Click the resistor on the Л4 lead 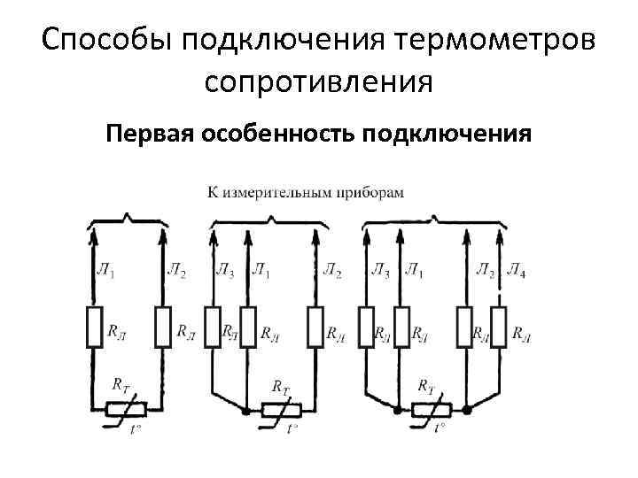point(499,327)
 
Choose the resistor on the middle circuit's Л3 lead point(213,327)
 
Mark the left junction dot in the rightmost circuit point(397,410)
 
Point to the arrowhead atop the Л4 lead point(499,232)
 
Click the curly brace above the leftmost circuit point(128,218)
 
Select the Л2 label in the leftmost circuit point(176,271)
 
